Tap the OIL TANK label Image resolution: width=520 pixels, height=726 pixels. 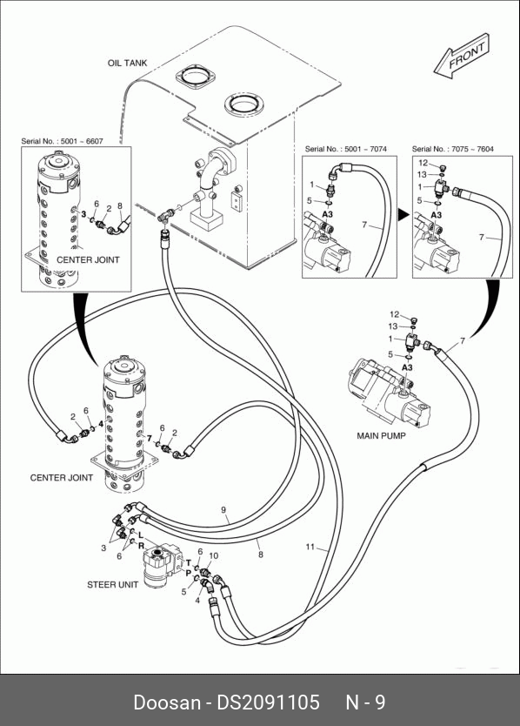127,63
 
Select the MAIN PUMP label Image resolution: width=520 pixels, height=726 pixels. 381,436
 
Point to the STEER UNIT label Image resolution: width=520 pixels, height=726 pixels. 112,585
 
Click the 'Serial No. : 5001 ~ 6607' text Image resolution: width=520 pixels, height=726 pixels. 62,141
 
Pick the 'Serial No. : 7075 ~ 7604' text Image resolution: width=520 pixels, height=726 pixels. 453,149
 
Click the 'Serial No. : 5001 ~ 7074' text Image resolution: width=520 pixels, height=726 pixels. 345,149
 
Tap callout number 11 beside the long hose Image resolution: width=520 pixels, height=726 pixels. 310,547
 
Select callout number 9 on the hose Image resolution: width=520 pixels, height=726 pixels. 223,510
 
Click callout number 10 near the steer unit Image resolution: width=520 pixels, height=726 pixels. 214,555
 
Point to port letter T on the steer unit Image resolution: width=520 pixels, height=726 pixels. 189,563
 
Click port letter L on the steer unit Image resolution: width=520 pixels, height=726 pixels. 141,535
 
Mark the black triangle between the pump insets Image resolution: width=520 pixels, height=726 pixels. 404,215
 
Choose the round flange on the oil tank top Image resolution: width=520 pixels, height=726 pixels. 243,104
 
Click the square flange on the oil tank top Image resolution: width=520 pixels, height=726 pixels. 195,77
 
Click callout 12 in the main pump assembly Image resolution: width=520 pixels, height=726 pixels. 394,314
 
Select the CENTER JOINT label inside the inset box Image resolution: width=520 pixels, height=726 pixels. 88,259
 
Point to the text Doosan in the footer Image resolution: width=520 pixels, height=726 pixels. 167,702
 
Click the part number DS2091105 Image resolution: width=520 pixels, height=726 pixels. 269,702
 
